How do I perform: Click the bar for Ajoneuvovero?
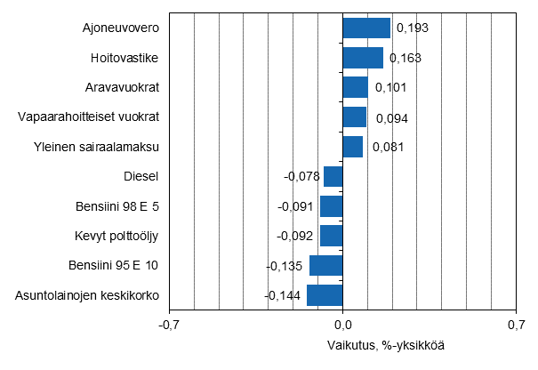(x=366, y=28)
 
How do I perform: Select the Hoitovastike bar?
(x=363, y=58)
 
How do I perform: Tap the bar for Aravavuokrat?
(x=355, y=87)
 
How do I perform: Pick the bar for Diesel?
(x=333, y=176)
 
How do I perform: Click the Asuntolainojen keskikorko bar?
(x=325, y=294)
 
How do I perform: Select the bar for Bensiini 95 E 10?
(x=325, y=265)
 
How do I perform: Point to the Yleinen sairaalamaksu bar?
(x=353, y=147)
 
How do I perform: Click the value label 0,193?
(x=413, y=28)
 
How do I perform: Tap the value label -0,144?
(x=284, y=295)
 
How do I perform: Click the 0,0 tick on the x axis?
(x=342, y=324)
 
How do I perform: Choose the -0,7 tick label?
(x=169, y=324)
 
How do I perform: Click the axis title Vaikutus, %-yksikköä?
(x=386, y=345)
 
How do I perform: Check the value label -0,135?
(x=286, y=265)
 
